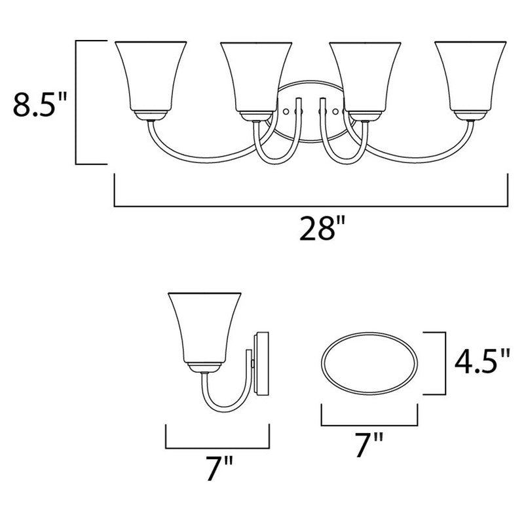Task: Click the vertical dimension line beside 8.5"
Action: (x=78, y=102)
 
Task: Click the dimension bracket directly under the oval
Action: (x=370, y=423)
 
